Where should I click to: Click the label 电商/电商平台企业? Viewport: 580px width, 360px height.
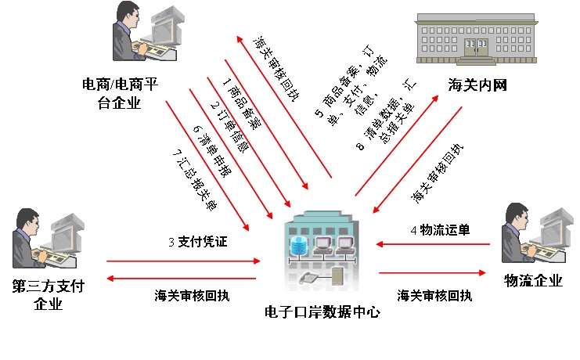(120, 92)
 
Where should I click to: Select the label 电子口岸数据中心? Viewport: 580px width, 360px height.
(322, 311)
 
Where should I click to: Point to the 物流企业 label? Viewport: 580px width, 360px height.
(533, 281)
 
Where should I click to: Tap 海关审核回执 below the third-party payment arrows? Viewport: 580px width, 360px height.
(193, 295)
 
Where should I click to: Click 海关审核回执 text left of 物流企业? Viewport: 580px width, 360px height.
(434, 295)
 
